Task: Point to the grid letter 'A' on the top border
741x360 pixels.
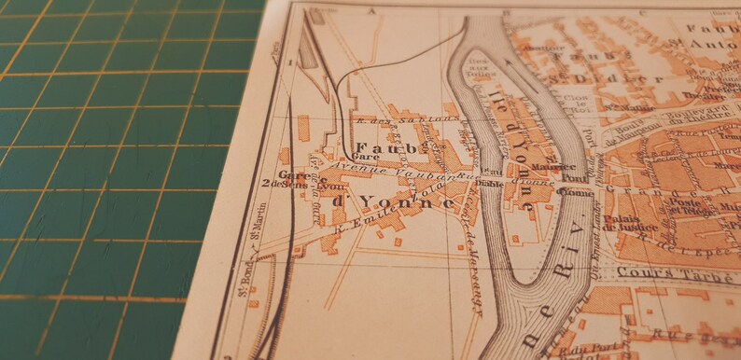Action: point(370,12)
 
